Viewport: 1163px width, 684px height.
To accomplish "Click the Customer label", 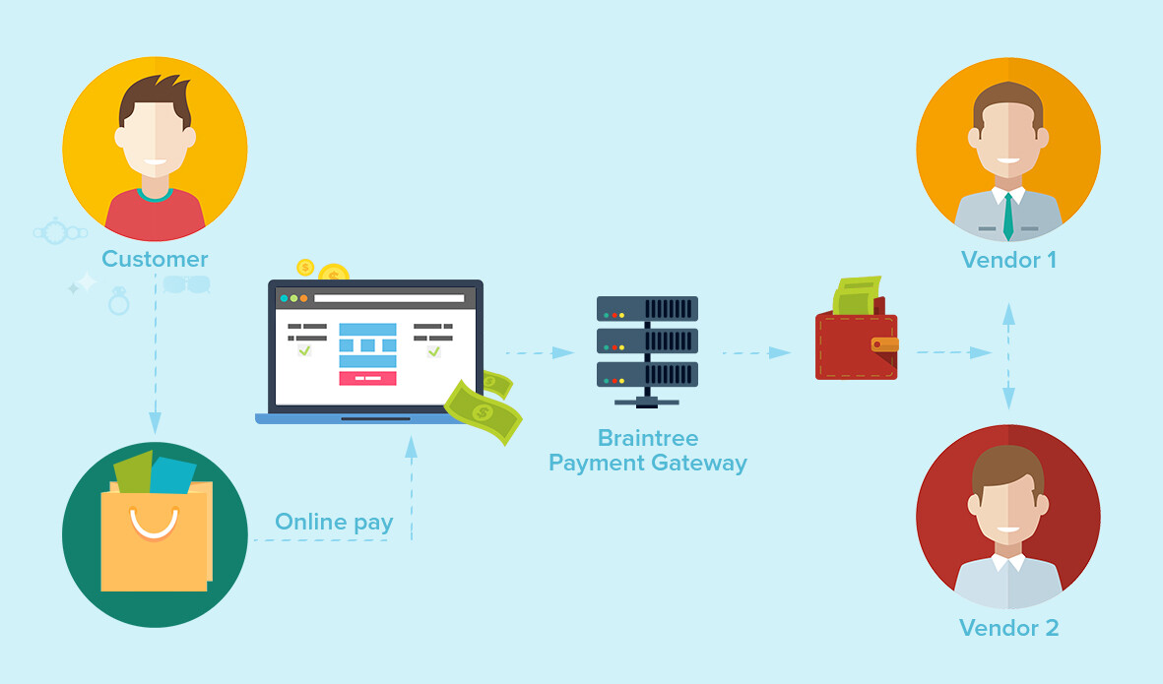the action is (x=155, y=259).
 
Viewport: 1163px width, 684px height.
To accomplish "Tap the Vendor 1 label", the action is (x=1008, y=260).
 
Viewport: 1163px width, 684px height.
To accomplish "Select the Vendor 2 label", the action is (x=1008, y=628).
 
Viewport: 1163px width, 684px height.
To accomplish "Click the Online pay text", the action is (x=334, y=523).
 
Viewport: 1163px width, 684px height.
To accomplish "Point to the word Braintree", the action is (x=648, y=438).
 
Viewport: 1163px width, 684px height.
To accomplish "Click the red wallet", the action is (x=857, y=342).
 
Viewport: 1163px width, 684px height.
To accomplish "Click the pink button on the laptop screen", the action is (x=367, y=378).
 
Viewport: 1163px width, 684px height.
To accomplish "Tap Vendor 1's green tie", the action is (x=1008, y=216).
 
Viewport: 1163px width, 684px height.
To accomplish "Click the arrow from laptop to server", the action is (x=540, y=352).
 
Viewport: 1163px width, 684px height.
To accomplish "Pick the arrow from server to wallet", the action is (x=756, y=352).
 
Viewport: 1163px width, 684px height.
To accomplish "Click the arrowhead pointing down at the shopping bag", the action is (x=155, y=422).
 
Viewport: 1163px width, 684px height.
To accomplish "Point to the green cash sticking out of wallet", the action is (x=857, y=295).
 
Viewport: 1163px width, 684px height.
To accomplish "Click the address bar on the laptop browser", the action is (x=389, y=298).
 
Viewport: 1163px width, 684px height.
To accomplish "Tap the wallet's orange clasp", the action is (x=884, y=343).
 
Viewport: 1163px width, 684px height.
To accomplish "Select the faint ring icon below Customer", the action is (x=119, y=301).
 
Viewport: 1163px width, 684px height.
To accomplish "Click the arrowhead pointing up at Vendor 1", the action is (x=1008, y=314).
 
